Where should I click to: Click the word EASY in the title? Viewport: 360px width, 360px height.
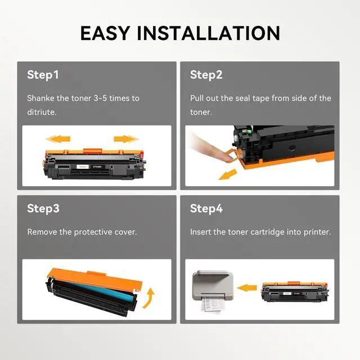point(105,33)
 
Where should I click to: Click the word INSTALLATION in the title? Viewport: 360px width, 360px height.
point(209,33)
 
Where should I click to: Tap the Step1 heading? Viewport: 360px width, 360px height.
point(43,75)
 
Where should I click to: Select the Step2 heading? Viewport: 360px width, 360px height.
point(206,75)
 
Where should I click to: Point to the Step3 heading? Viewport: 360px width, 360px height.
point(43,209)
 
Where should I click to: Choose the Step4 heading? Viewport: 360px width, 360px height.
point(206,209)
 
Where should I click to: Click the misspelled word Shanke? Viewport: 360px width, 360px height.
point(40,98)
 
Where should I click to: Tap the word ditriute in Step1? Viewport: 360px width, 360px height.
point(41,112)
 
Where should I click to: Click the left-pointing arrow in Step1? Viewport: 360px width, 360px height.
point(58,139)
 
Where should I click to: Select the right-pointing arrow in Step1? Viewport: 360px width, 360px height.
point(126,139)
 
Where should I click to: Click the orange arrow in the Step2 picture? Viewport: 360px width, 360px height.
point(227,174)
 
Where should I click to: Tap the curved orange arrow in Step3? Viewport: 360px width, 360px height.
point(149,298)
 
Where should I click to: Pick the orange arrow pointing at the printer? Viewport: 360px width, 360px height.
point(247,287)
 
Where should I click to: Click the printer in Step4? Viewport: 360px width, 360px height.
point(213,286)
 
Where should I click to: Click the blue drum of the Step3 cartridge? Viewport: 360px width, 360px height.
point(96,289)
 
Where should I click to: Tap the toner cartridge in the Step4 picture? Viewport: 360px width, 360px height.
point(295,291)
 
